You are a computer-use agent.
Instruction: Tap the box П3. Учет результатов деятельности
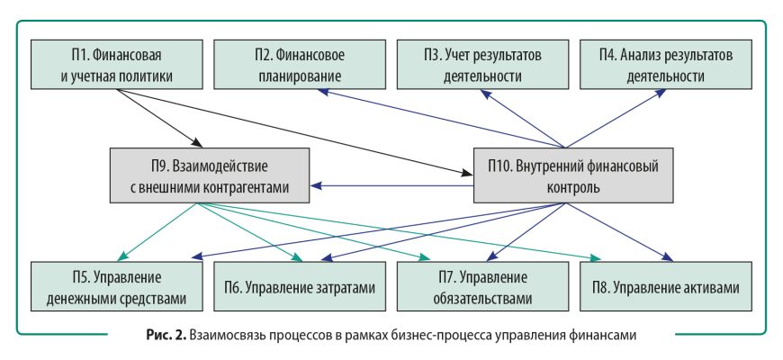click(x=483, y=64)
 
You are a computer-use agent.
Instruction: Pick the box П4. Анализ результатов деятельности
click(x=665, y=64)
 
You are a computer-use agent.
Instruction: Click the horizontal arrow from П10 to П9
click(x=392, y=186)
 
